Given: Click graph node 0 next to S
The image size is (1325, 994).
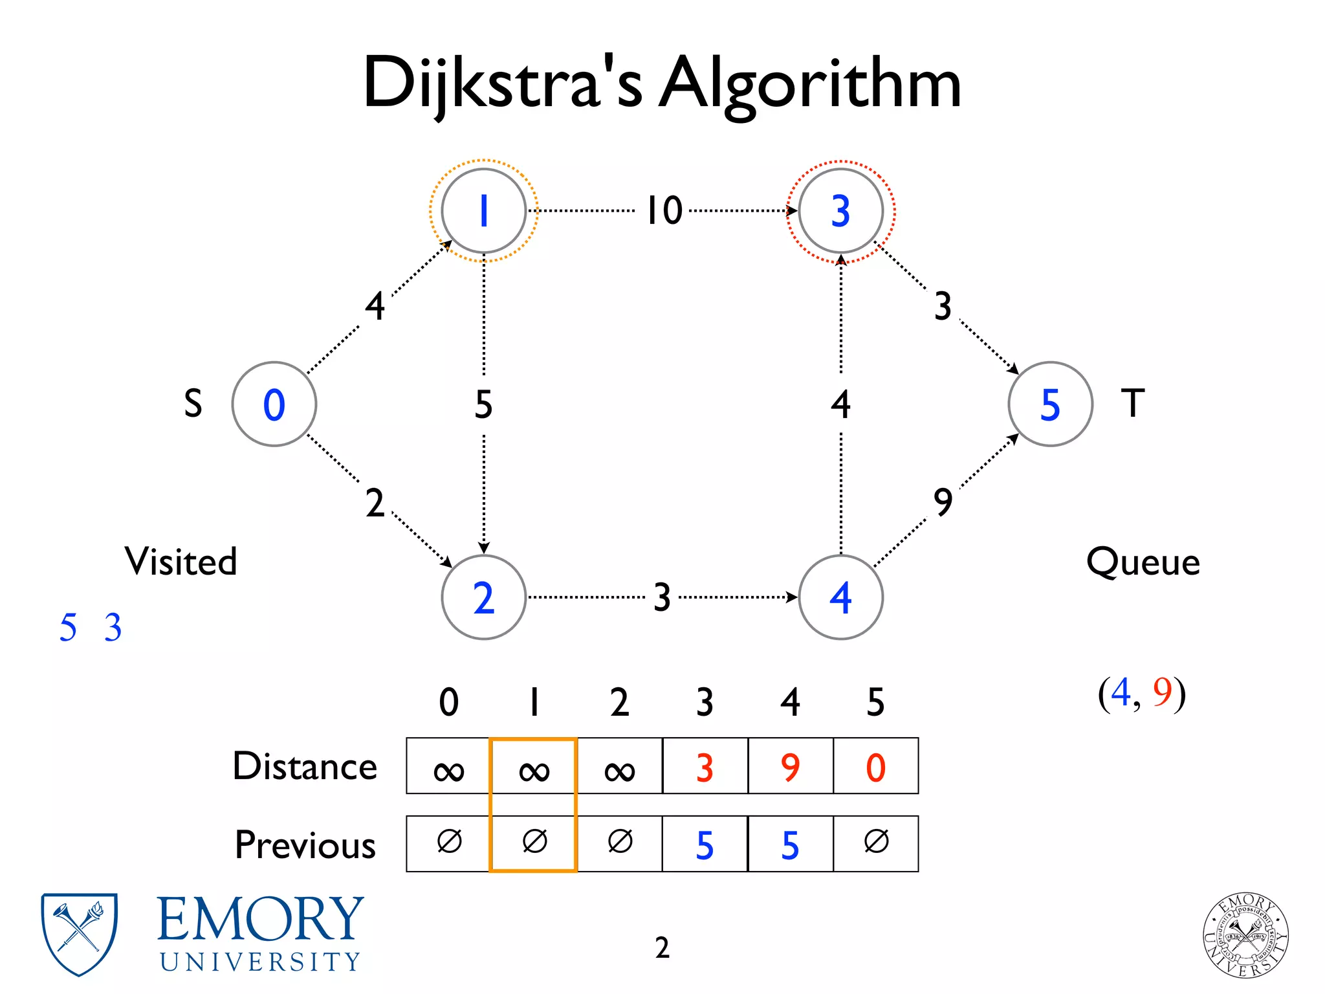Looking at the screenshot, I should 274,404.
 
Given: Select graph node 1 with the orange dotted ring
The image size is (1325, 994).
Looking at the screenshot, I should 483,210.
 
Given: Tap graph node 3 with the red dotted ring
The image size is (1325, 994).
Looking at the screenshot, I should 840,210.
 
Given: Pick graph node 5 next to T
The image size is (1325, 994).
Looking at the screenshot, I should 1050,404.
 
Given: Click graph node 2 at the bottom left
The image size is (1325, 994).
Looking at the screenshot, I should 483,597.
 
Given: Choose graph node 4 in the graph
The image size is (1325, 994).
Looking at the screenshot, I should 840,597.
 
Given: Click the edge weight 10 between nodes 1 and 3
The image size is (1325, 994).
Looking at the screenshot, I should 664,210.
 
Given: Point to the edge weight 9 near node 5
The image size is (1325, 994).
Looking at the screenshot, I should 943,502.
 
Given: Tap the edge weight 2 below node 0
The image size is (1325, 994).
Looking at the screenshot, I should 375,503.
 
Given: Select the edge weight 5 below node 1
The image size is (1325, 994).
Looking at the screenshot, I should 483,404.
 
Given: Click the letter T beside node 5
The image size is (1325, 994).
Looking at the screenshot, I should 1132,403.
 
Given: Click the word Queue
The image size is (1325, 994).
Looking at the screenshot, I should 1143,562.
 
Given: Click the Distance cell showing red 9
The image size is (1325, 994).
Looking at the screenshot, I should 790,766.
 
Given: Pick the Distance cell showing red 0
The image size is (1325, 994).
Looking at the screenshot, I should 875,766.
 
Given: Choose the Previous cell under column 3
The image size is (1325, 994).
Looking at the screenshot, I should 705,844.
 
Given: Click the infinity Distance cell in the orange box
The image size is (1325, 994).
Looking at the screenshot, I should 534,768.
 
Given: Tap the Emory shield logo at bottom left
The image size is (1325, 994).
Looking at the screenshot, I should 79,933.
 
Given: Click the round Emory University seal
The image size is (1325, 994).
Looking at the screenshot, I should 1245,934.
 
